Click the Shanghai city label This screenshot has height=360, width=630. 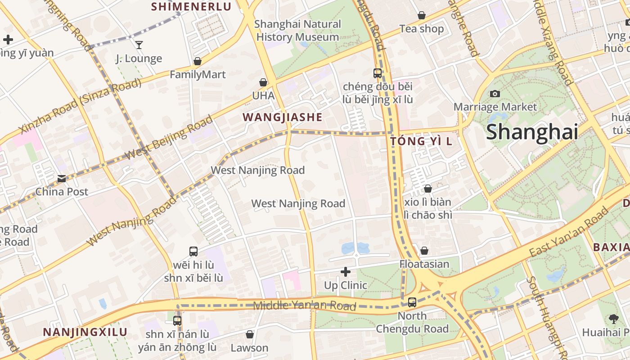point(532,132)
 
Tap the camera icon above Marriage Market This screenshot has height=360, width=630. point(495,94)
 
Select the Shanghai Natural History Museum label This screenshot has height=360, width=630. point(297,31)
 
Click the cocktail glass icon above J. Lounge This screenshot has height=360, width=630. point(139,45)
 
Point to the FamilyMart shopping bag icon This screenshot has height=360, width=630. point(197,61)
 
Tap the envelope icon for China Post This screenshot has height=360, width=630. point(62,179)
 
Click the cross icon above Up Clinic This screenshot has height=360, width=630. point(346,272)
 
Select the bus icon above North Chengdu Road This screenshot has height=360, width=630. point(412,302)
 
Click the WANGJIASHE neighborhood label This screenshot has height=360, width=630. point(283,117)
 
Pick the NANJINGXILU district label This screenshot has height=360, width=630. point(85,332)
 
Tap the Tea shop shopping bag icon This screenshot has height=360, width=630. point(422,15)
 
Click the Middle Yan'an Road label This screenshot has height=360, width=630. point(305,306)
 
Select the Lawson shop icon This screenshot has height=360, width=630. point(250,334)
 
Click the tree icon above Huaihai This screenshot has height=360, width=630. point(613,319)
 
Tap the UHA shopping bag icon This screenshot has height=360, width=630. point(263,82)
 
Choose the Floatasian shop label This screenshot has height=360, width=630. point(424,264)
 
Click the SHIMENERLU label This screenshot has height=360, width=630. point(191,7)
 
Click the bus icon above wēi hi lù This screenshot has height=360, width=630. point(193,252)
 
